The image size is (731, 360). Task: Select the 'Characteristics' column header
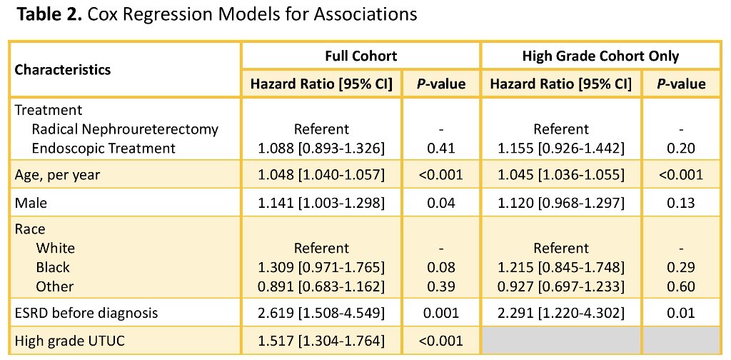coord(63,70)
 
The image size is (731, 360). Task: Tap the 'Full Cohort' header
coord(361,56)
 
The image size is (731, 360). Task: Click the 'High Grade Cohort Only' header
coord(600,56)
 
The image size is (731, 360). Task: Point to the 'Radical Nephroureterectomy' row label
coord(125,129)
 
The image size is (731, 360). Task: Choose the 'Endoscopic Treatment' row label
coord(104,149)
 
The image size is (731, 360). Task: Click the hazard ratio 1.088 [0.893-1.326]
coord(321,149)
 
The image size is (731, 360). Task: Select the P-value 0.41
coord(440,149)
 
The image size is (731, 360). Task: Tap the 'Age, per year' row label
coord(57,175)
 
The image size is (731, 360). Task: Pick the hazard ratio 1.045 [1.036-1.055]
coord(561,175)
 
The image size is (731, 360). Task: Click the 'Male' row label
coord(31,202)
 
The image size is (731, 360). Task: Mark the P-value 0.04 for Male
coord(440,202)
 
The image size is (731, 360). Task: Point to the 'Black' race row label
coord(53,267)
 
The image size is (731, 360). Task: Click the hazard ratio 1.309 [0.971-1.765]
coord(321,267)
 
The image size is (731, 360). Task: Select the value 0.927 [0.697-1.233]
coord(561,286)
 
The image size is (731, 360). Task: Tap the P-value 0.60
coord(681,286)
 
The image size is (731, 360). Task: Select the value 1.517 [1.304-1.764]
coord(321,341)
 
